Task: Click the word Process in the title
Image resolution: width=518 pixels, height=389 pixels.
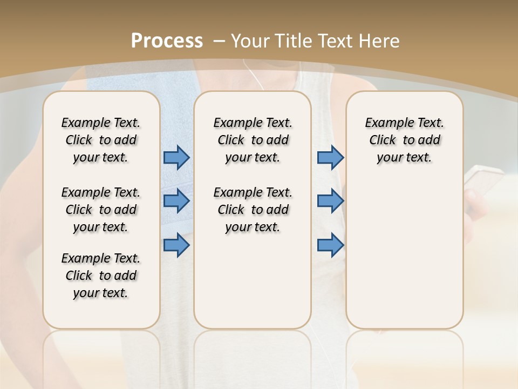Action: click(x=167, y=41)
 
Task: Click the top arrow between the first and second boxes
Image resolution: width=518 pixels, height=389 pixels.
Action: click(x=176, y=157)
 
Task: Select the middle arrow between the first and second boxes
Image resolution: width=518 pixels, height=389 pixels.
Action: click(x=176, y=201)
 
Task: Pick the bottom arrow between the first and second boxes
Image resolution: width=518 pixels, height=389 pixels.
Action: click(x=176, y=245)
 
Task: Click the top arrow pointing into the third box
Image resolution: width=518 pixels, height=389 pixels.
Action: click(x=330, y=157)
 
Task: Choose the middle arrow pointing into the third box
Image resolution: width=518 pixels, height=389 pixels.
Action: click(x=330, y=201)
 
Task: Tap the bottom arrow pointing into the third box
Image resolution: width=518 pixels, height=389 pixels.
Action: click(x=330, y=245)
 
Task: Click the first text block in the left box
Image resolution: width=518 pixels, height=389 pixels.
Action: click(x=101, y=140)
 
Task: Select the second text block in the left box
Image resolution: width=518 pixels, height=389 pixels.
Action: click(x=101, y=210)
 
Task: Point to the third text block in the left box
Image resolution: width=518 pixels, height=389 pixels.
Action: click(x=101, y=276)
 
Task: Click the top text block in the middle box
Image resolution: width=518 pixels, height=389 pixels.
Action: click(x=253, y=140)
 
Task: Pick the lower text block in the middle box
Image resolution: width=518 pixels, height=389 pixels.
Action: click(x=253, y=210)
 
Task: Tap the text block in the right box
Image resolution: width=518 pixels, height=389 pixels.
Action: click(x=405, y=140)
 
